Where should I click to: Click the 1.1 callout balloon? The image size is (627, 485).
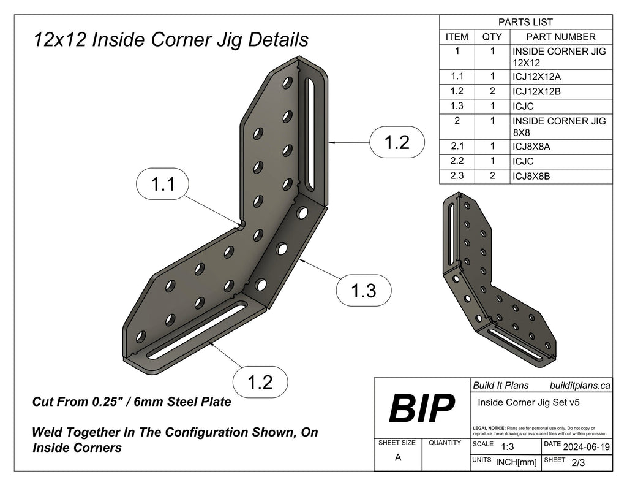coord(162,185)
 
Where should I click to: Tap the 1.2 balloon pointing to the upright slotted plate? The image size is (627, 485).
coord(396,142)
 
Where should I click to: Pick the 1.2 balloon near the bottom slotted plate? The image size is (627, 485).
coord(260,382)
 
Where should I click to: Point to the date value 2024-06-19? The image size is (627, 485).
coord(586,447)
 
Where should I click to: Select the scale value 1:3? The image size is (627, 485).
coord(507,447)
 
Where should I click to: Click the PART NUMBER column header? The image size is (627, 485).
coord(561,37)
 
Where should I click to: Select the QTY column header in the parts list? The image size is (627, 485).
coord(492,37)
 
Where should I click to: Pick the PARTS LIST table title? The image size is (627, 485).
coord(526,22)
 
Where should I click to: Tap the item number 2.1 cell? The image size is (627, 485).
coord(457,147)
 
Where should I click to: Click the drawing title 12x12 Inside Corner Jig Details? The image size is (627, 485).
coord(171,40)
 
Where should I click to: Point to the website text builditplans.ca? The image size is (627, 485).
coord(580,386)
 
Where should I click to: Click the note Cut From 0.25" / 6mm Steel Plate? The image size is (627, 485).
coord(131,402)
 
